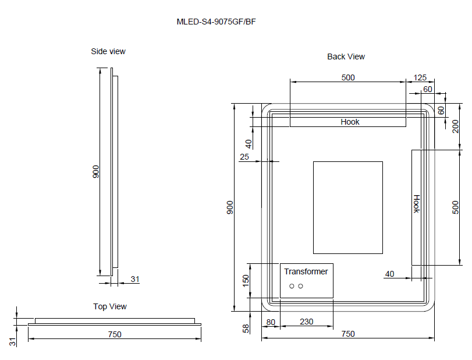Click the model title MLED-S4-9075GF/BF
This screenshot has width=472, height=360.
click(216, 22)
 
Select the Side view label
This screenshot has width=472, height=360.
click(108, 51)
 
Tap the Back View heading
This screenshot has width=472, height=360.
click(346, 57)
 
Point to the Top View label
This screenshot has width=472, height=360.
click(109, 306)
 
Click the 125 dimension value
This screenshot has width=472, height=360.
click(420, 77)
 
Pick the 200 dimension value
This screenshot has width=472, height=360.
click(456, 126)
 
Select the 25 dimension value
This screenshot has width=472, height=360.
click(244, 157)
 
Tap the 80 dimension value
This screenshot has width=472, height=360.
click(271, 322)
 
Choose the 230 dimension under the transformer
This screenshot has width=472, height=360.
click(306, 322)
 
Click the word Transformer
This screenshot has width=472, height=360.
click(306, 271)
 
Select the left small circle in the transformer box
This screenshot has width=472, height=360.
click(292, 286)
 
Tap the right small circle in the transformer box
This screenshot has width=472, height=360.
click(301, 286)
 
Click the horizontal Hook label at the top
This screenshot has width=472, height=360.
click(350, 122)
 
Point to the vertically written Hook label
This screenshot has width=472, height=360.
click(416, 204)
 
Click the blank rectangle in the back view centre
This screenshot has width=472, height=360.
click(347, 207)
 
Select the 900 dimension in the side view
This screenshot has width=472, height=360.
click(96, 171)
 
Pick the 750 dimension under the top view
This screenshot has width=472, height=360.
click(114, 334)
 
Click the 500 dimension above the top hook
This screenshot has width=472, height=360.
click(347, 77)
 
